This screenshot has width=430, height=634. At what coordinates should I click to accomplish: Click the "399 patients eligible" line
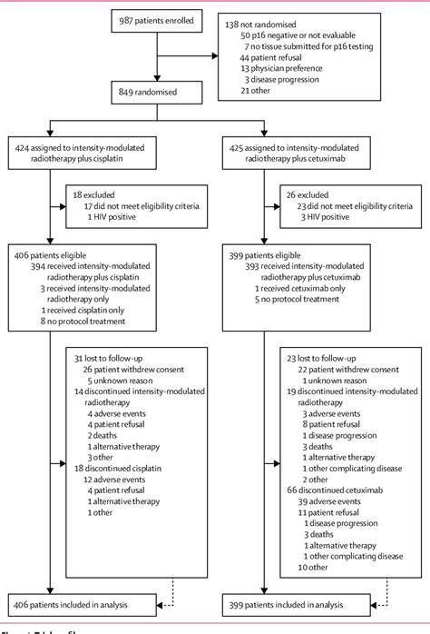(271, 257)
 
